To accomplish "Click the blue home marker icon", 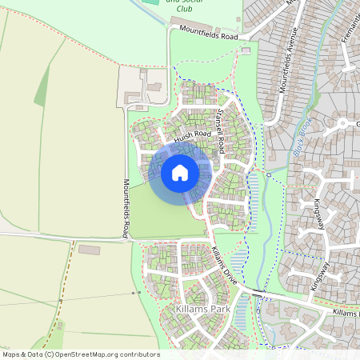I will [x=180, y=173].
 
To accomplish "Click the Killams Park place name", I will [x=198, y=308].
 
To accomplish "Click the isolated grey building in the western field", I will [x=89, y=250].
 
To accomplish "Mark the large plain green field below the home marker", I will [x=164, y=216].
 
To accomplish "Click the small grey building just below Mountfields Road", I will [x=246, y=50].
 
